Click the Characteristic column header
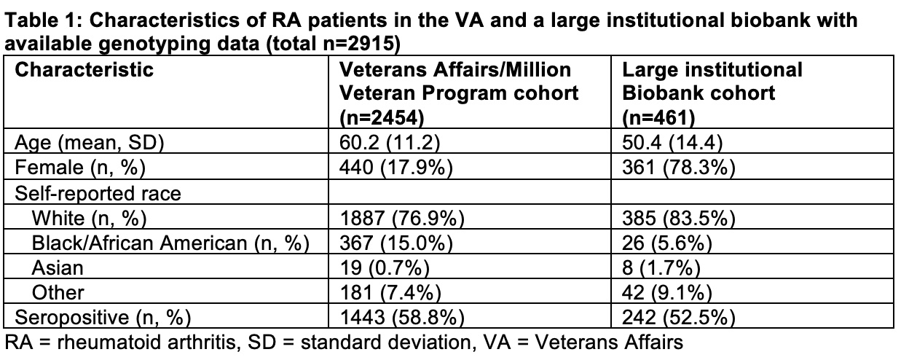pos(84,71)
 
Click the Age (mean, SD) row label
pos(90,141)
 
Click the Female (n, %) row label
pos(81,168)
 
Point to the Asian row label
pos(58,267)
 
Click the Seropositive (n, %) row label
pos(103,317)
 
